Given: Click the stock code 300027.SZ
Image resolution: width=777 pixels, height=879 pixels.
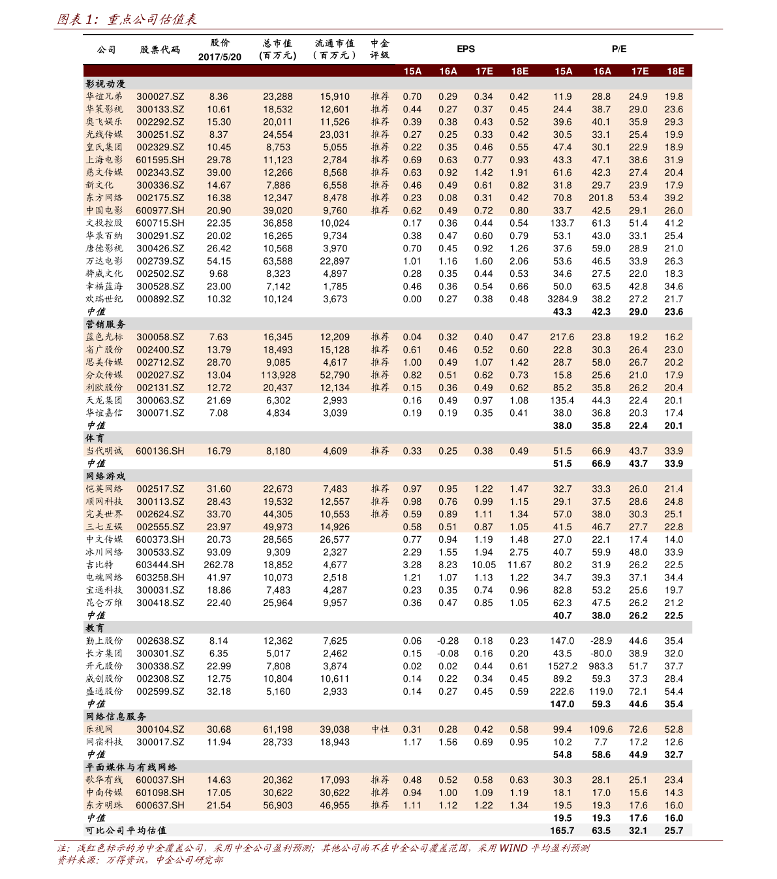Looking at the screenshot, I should click(x=160, y=97).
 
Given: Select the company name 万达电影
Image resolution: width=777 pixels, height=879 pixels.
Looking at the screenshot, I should click(x=104, y=261).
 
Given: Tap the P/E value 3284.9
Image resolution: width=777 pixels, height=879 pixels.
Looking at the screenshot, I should click(x=562, y=299).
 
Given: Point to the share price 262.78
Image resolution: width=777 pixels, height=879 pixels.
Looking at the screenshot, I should click(x=219, y=565).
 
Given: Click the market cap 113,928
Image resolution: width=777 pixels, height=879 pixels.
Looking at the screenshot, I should click(x=278, y=375).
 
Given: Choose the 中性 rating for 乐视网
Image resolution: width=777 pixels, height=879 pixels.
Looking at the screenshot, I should click(x=380, y=729).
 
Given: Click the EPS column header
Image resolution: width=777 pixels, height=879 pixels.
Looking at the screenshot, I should click(x=466, y=49).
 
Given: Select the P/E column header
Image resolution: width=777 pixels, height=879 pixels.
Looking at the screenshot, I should click(x=619, y=49).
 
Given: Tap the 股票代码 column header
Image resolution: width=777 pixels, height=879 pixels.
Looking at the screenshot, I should click(x=160, y=50).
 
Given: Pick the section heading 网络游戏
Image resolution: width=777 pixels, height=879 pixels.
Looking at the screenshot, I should click(x=106, y=476).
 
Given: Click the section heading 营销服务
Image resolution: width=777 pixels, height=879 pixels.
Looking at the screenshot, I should click(x=106, y=324).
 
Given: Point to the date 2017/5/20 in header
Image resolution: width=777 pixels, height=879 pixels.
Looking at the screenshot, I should click(x=219, y=57).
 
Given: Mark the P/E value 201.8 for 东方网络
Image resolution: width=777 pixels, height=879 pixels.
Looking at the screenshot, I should click(x=601, y=198).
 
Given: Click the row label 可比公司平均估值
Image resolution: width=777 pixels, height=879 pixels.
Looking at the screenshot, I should click(x=126, y=831).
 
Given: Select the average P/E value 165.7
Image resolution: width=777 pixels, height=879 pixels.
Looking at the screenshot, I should click(x=562, y=831).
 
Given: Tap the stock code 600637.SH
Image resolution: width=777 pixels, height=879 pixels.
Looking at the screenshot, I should click(x=160, y=805).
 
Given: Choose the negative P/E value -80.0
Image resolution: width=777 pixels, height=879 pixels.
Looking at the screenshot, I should click(x=601, y=653).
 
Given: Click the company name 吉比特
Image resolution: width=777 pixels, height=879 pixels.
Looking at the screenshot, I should click(x=100, y=565).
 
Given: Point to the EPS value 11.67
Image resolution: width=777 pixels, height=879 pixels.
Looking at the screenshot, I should click(x=519, y=565).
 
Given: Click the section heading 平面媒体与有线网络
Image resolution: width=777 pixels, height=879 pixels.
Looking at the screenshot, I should click(x=132, y=767).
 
